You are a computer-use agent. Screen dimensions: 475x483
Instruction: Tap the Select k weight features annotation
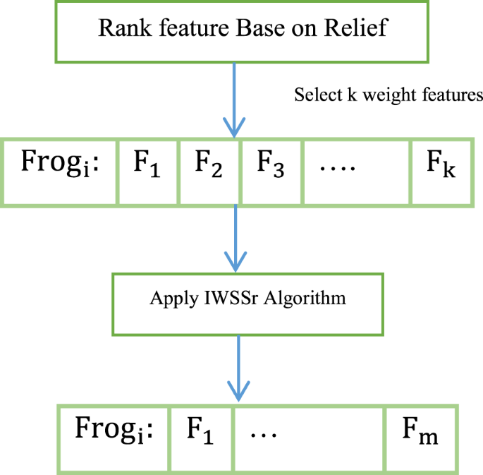coord(389,95)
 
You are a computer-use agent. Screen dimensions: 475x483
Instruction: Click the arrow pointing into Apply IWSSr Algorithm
coord(236,240)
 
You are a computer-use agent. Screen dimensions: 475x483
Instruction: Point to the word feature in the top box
coord(183,28)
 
